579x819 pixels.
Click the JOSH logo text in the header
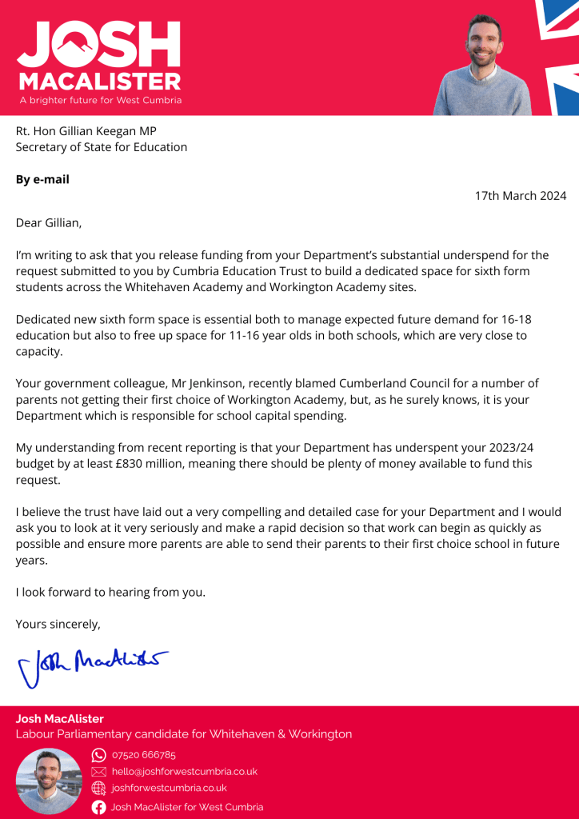pos(98,45)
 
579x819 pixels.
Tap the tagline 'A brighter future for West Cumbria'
pos(100,101)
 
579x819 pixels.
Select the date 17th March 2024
pos(520,196)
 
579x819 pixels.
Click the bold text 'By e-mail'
pos(42,179)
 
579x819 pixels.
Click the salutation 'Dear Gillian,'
pos(49,222)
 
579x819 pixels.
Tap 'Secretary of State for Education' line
pos(102,147)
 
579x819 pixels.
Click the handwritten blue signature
pos(92,663)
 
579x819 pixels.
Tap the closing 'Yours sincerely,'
pos(58,624)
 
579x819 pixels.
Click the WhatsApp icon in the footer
pos(99,755)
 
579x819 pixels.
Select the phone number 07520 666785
pos(144,755)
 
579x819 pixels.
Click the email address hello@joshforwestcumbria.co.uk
pos(184,772)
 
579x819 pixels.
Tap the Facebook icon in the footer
pos(99,807)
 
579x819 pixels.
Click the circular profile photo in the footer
pos(50,781)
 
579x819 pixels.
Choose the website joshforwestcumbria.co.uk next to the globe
pos(169,789)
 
